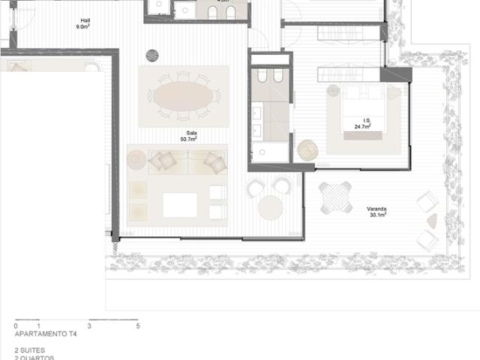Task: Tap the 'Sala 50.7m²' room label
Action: click(x=187, y=136)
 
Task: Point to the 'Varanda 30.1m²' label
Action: click(x=376, y=211)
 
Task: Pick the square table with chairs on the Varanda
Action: click(x=335, y=197)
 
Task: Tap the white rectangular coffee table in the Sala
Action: click(x=180, y=205)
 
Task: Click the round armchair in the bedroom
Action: click(x=308, y=150)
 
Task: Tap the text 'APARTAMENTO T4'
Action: click(x=46, y=334)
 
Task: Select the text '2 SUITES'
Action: click(x=30, y=350)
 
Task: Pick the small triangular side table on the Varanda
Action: click(x=432, y=221)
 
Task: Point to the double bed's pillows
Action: click(x=365, y=93)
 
